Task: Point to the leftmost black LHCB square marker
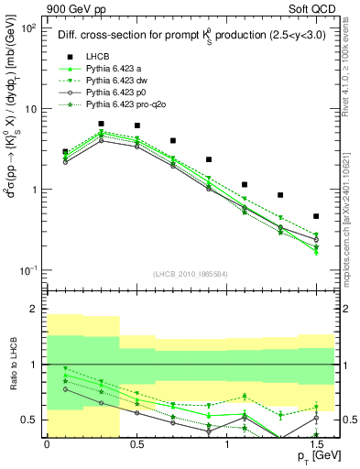coord(65,152)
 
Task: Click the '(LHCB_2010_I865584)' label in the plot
coord(191,274)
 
